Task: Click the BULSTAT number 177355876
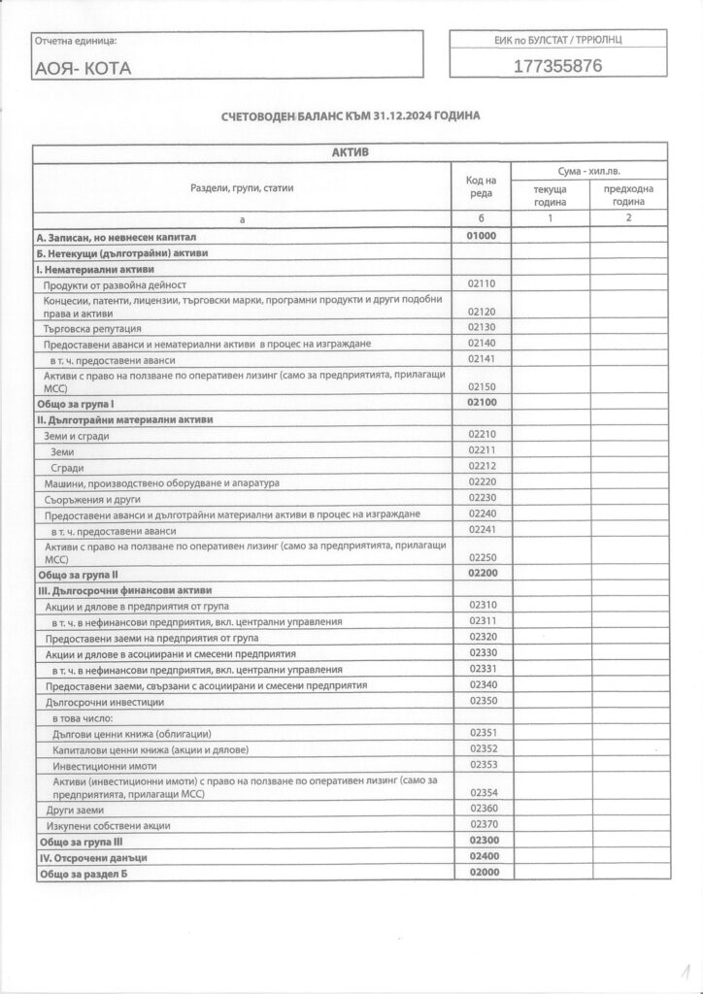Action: click(557, 67)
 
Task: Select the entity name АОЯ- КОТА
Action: click(83, 69)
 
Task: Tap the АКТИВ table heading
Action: click(351, 152)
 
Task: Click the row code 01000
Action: click(482, 236)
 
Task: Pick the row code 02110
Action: click(482, 284)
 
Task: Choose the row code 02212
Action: click(482, 466)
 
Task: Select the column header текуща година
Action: click(550, 195)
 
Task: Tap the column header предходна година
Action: click(628, 195)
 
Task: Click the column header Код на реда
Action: click(482, 187)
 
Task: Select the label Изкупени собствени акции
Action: click(108, 825)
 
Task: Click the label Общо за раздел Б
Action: click(84, 875)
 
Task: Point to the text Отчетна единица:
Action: click(76, 41)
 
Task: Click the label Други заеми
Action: click(68, 809)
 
